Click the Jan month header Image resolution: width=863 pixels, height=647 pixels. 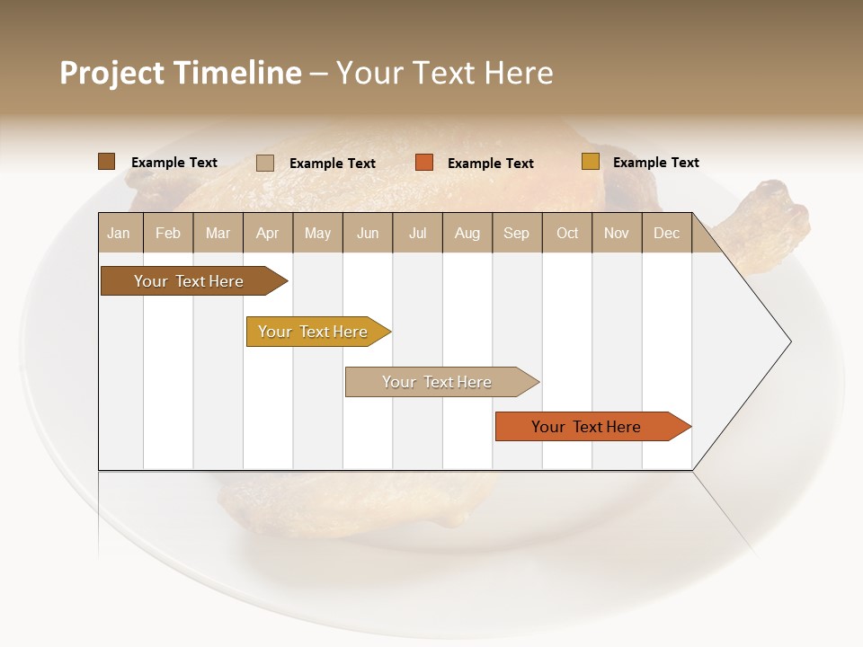pyautogui.click(x=120, y=233)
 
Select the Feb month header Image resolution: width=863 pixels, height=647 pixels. pyautogui.click(x=168, y=233)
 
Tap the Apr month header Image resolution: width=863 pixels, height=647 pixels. pyautogui.click(x=268, y=233)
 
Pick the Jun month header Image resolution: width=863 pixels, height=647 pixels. pyautogui.click(x=368, y=233)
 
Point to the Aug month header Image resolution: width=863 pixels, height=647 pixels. pyautogui.click(x=467, y=233)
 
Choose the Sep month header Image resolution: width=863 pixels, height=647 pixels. pyautogui.click(x=517, y=233)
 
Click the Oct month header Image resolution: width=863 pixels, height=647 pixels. pyautogui.click(x=567, y=233)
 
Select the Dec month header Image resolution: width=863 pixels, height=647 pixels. pyautogui.click(x=667, y=233)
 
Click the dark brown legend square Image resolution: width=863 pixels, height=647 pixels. pyautogui.click(x=106, y=162)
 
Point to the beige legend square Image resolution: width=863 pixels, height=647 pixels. pyautogui.click(x=265, y=163)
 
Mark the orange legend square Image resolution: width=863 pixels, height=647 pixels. pyautogui.click(x=424, y=163)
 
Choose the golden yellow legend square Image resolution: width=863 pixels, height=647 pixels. pyautogui.click(x=590, y=162)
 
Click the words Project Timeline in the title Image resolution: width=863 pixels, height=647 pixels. pyautogui.click(x=180, y=73)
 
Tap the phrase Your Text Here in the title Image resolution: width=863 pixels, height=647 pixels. pyautogui.click(x=444, y=73)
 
